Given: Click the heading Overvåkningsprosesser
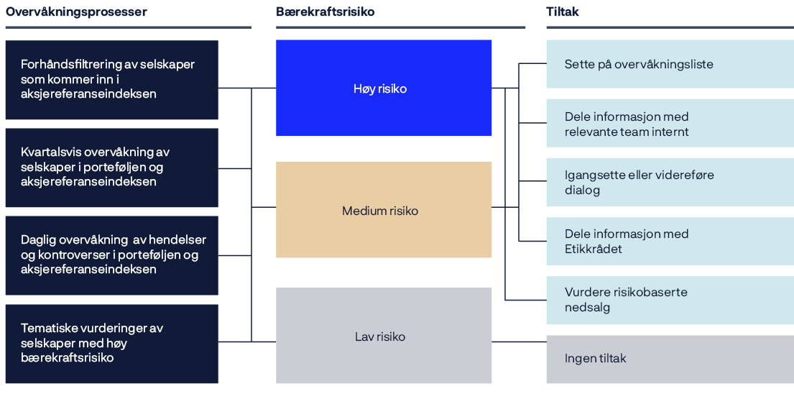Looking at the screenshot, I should pos(76,12).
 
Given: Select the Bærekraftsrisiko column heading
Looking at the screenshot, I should pos(325,12).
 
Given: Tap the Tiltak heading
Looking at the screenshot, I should pos(563,12).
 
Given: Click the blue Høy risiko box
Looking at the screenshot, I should pos(384,88).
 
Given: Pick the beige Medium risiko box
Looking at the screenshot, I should pos(384,210).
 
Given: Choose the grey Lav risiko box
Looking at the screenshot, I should pos(384,336).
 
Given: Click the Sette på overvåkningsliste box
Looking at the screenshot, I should pos(670,64).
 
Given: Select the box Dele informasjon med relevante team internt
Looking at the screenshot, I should pos(670,123).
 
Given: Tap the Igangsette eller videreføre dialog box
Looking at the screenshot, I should pos(670,182).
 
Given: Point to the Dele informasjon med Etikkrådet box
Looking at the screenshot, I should pos(670,241).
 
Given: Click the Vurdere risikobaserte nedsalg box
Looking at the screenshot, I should pos(670,300).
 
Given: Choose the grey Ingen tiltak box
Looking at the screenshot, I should pos(670,358).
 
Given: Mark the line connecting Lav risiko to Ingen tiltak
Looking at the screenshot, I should pos(519,342).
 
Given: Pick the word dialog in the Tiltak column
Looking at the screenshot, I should pos(582,190).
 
